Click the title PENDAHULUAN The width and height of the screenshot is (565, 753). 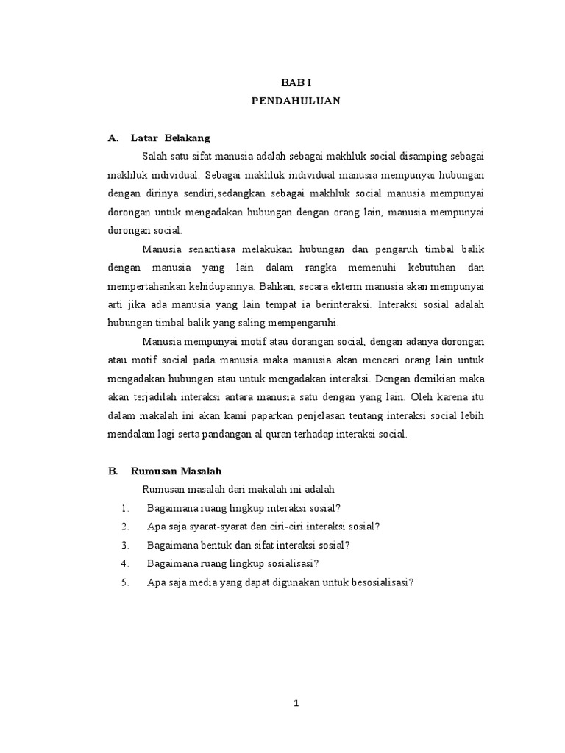pos(296,101)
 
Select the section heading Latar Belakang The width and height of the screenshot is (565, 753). pos(171,138)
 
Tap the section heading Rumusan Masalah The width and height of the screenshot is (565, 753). pos(177,471)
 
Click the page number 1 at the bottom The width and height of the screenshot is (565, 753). pos(296,703)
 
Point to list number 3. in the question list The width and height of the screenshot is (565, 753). pos(126,545)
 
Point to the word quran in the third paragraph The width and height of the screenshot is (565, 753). pos(275,434)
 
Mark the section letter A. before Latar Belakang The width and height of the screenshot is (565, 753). pos(113,138)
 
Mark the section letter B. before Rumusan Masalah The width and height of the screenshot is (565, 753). pos(113,471)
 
